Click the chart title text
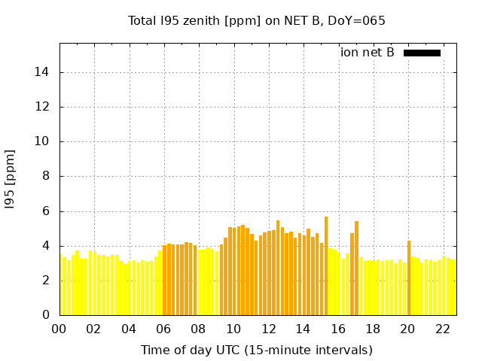coord(256,21)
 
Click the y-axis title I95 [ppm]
coord(11,179)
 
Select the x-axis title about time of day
coord(256,350)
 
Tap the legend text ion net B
coord(368,53)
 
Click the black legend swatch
coord(422,53)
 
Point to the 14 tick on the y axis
coord(45,72)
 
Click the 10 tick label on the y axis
coord(45,141)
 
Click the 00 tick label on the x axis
coord(59,329)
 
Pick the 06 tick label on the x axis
coord(163,329)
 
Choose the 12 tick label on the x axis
coord(268,329)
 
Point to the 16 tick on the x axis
coord(338,329)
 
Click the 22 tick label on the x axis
coord(443,329)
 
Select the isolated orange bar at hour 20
coord(409,278)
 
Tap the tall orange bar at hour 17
coord(356,268)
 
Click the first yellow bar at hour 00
coord(61,286)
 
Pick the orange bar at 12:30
coord(278,268)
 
